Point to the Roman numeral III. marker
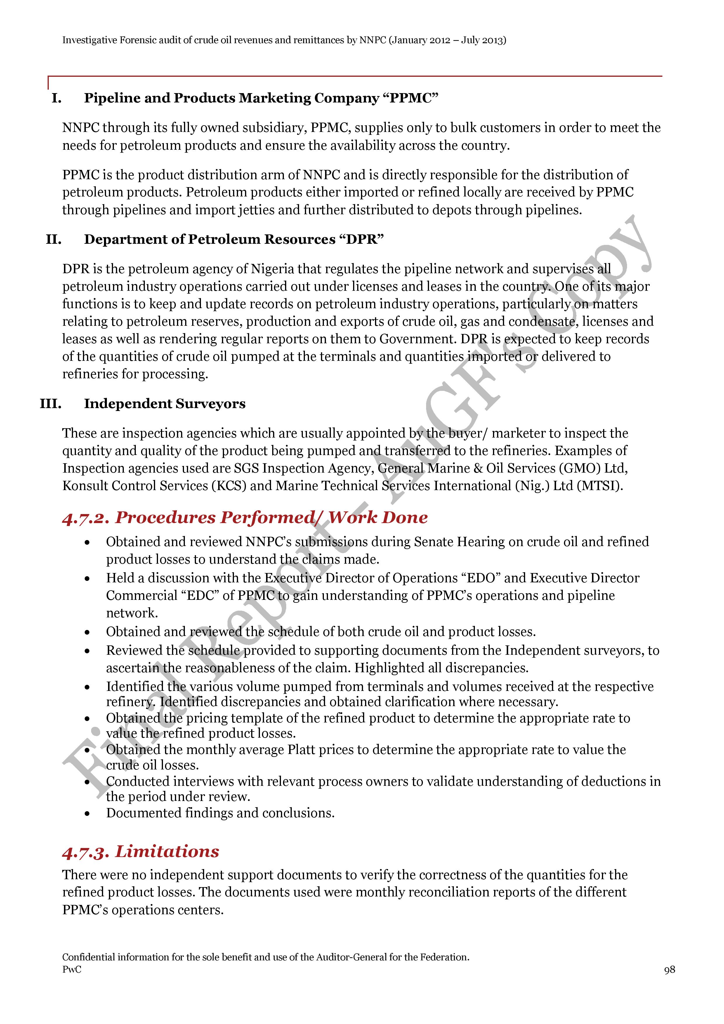click(x=51, y=404)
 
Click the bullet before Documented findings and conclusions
click(x=87, y=814)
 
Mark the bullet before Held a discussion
click(x=87, y=579)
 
